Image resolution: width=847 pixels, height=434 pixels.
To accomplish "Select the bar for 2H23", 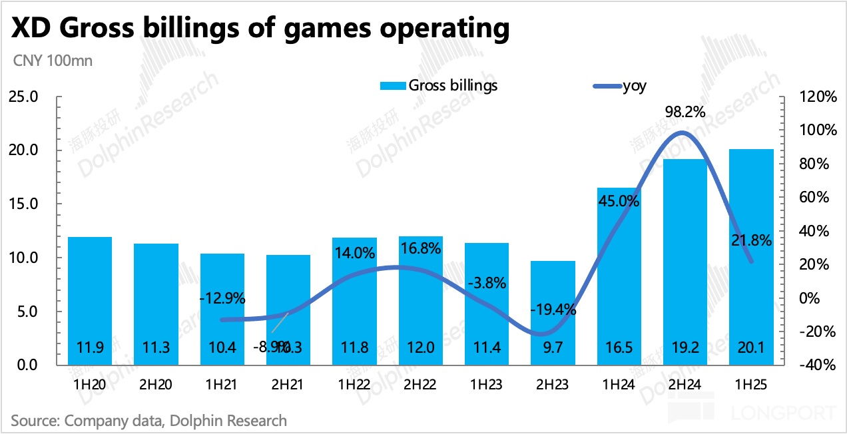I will [x=553, y=313].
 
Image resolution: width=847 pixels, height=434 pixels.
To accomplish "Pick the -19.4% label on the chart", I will [x=553, y=309].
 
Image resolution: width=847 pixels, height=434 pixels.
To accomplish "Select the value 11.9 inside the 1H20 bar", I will [x=90, y=347].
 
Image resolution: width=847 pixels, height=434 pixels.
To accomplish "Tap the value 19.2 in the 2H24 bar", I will [x=685, y=347].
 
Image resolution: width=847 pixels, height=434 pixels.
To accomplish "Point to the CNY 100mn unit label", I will [x=53, y=61].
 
